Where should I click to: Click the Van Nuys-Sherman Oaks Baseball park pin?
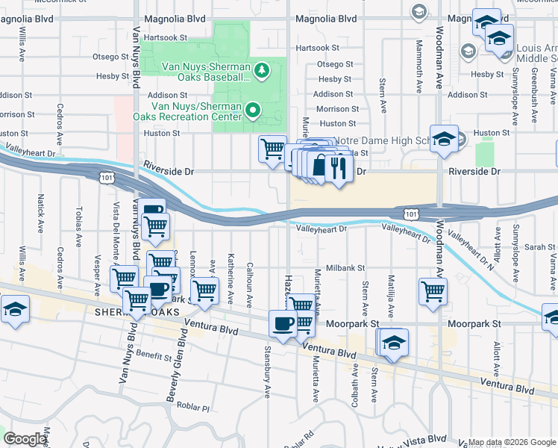(261, 71)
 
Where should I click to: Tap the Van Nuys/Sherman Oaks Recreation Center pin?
(253, 111)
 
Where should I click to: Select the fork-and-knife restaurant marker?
(339, 168)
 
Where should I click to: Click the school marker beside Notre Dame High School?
(444, 139)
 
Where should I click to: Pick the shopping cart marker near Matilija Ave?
(433, 291)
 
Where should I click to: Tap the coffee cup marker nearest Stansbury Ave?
(283, 324)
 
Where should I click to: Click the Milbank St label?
(345, 267)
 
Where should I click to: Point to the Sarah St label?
(534, 246)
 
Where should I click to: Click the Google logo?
(25, 439)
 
